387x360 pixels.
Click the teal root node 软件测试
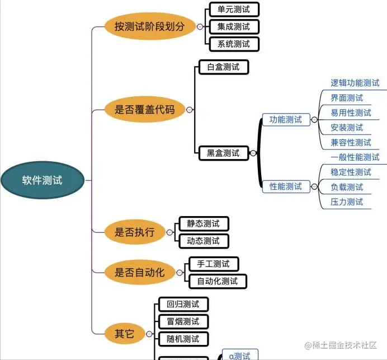click(x=43, y=180)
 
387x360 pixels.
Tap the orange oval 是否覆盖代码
click(x=144, y=110)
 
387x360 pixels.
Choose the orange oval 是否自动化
click(x=139, y=273)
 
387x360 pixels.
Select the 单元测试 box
click(x=230, y=10)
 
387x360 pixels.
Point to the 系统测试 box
click(x=230, y=44)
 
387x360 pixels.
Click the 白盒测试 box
click(x=223, y=67)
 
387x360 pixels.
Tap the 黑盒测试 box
click(x=223, y=153)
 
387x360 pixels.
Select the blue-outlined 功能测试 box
click(x=286, y=119)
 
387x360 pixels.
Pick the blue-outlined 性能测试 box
click(x=286, y=186)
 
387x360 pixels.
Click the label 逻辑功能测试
click(x=355, y=83)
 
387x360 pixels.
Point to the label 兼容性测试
click(x=351, y=142)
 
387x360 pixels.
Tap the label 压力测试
click(x=347, y=202)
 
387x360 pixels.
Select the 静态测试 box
click(x=204, y=224)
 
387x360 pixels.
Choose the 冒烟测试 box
click(x=179, y=321)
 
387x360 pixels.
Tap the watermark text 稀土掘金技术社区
click(x=344, y=345)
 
